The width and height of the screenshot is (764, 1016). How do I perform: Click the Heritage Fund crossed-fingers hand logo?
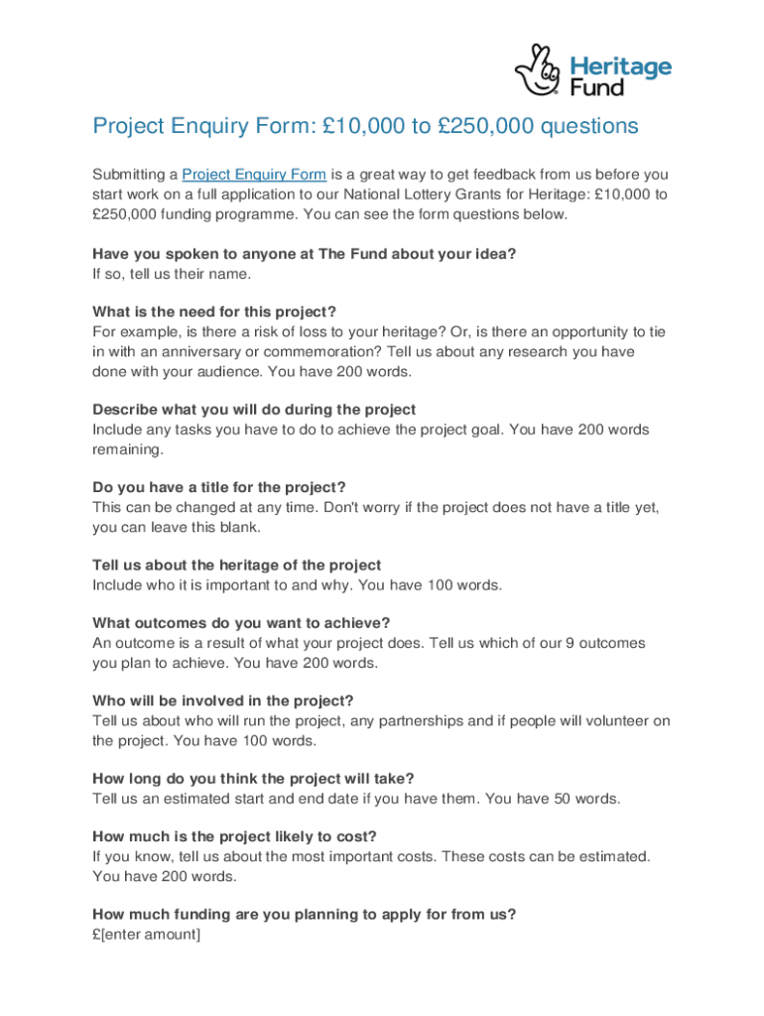539,68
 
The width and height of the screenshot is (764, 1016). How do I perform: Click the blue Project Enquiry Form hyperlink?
254,175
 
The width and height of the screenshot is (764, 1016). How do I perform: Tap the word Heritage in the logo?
620,67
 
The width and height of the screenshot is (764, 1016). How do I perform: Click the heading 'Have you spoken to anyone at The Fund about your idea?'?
304,254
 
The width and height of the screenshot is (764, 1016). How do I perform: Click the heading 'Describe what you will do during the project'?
254,410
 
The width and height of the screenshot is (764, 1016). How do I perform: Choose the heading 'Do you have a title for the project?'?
218,487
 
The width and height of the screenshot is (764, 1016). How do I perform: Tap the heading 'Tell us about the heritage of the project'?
236,566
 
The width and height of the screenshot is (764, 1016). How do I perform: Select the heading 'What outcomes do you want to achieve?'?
241,623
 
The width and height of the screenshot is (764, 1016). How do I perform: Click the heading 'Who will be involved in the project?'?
222,700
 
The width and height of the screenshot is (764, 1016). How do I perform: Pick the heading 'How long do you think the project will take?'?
253,778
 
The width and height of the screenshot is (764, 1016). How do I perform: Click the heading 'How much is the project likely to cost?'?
234,836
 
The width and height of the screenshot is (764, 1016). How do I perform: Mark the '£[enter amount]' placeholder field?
146,934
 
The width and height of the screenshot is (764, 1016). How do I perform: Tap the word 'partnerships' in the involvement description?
421,720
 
